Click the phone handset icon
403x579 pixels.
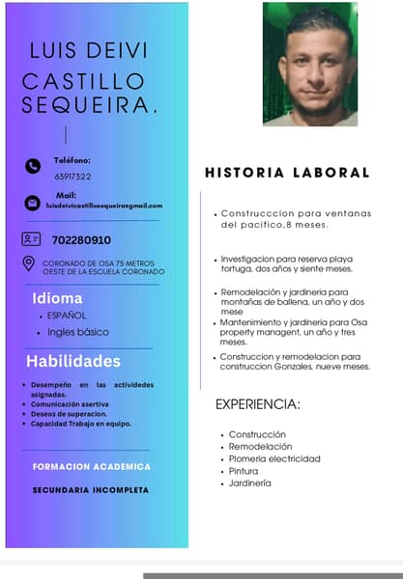point(33,166)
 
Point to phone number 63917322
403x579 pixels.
point(72,177)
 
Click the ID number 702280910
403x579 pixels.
point(81,239)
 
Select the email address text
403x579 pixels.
point(104,206)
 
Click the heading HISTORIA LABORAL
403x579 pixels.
point(287,173)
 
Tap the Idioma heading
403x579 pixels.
point(58,298)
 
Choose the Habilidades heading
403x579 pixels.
point(73,362)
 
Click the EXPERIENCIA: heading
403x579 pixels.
point(257,404)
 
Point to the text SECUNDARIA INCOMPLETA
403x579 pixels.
point(91,490)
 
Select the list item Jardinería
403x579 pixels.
point(250,482)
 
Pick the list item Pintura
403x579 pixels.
point(244,471)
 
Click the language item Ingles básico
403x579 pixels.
point(78,332)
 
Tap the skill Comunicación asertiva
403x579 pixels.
point(70,404)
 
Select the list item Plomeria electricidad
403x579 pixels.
point(274,458)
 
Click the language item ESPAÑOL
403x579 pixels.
point(67,316)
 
